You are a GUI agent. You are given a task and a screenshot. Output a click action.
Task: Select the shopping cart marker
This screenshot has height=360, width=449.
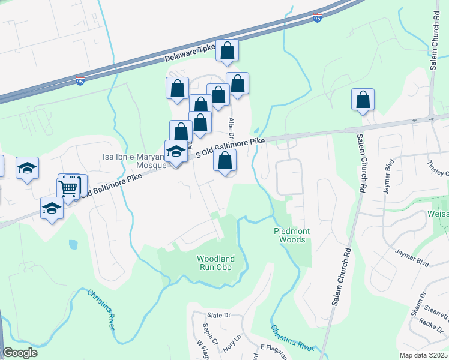(68, 188)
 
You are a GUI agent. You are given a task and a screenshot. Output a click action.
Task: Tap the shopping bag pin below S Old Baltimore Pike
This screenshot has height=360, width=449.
(224, 160)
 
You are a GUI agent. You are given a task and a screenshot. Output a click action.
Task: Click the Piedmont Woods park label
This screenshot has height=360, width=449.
(293, 235)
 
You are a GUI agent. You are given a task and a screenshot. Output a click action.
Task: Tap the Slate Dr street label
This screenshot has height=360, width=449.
(219, 315)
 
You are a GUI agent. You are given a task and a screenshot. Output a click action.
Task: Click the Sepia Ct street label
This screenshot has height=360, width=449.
(207, 331)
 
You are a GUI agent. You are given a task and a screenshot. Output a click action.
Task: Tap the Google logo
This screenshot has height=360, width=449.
(20, 353)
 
